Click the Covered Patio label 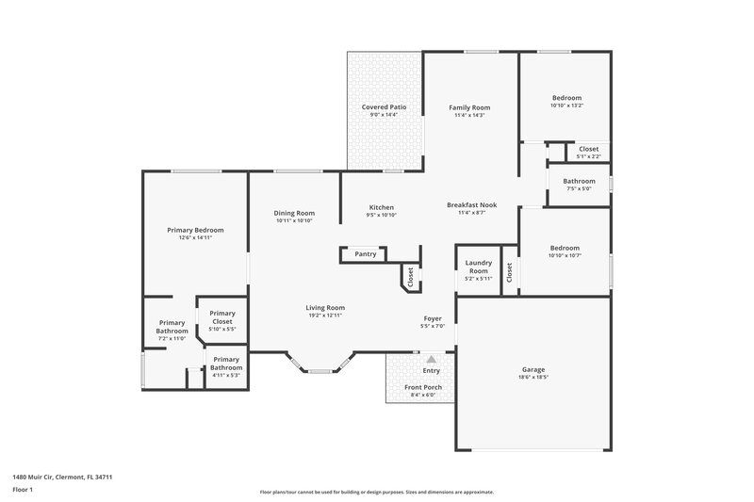click(385, 107)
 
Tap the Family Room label click(468, 107)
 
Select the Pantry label click(366, 254)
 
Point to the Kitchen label click(381, 207)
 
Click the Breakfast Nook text click(471, 205)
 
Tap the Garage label click(533, 369)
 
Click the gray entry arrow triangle click(432, 359)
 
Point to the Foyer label click(433, 318)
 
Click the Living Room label click(324, 307)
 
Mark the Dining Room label click(294, 213)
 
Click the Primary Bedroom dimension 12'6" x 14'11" click(195, 237)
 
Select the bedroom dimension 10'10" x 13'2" click(566, 105)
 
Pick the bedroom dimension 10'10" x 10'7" click(566, 255)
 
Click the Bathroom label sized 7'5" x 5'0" click(579, 181)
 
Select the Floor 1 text click(23, 491)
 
